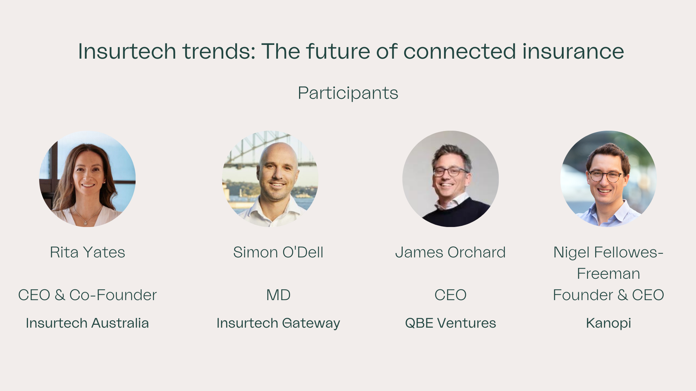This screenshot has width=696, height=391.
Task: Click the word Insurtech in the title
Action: [x=127, y=51]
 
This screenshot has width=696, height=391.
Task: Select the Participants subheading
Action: [x=348, y=93]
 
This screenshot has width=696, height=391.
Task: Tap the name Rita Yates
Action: [x=87, y=252]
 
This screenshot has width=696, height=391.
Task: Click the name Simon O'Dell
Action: [x=278, y=252]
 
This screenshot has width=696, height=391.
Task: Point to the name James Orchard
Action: [x=450, y=252]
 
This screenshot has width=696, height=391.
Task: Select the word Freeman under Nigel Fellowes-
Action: [x=608, y=274]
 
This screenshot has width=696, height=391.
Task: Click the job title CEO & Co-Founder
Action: [x=87, y=295]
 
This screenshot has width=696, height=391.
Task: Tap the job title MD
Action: [x=278, y=295]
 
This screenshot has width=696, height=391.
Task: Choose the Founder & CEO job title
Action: [x=608, y=295]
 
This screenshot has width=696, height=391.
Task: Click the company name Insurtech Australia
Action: [x=87, y=323]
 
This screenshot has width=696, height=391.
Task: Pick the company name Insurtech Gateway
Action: [x=278, y=323]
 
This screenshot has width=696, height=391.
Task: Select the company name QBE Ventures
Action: [x=450, y=323]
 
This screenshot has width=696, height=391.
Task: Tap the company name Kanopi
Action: [x=608, y=323]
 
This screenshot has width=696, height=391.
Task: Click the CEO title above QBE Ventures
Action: [x=450, y=295]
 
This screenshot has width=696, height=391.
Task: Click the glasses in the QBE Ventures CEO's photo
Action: [x=449, y=172]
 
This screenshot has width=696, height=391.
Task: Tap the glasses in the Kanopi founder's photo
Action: [x=605, y=176]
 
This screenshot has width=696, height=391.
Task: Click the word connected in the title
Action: [x=460, y=51]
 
